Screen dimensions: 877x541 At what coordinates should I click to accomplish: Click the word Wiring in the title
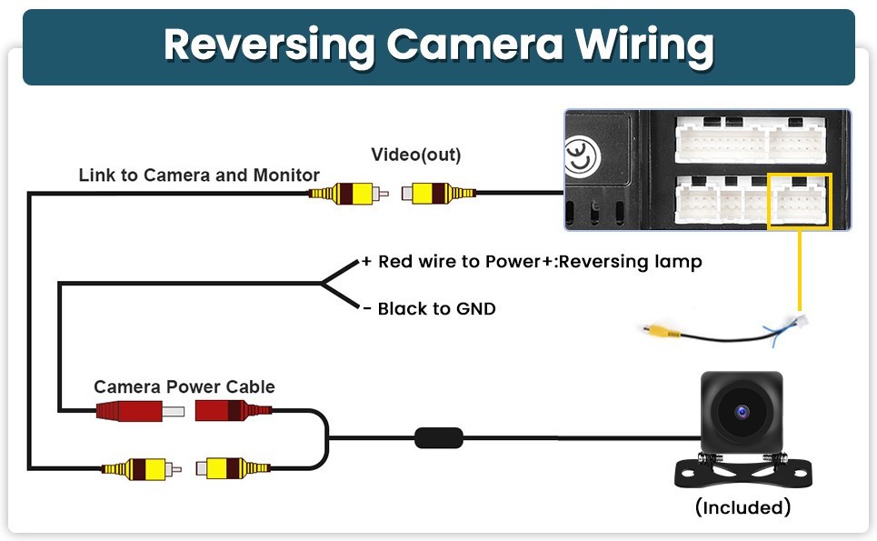click(x=645, y=45)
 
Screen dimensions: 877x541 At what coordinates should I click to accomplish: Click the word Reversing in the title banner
click(x=269, y=45)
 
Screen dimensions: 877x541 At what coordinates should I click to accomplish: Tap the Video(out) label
click(x=416, y=155)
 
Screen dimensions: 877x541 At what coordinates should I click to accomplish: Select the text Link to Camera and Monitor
click(x=199, y=175)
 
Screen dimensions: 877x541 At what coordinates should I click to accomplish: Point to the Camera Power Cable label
click(x=184, y=386)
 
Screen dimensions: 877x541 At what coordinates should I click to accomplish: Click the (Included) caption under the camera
click(x=742, y=507)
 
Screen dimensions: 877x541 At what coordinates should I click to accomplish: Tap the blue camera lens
click(x=742, y=412)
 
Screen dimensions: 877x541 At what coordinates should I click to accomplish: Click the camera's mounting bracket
click(x=742, y=471)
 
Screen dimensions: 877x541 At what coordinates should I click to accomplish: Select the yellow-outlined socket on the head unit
click(x=800, y=201)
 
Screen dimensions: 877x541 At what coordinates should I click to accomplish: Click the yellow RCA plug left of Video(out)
click(x=349, y=194)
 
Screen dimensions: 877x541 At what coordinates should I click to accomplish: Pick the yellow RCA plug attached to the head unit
click(x=438, y=194)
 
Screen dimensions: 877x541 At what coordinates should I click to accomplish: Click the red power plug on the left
click(x=140, y=411)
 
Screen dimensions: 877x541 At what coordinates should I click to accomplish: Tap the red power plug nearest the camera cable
click(x=234, y=410)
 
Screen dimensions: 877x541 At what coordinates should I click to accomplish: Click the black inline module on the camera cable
click(x=439, y=438)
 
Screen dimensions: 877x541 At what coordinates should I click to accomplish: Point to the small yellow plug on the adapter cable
click(x=661, y=332)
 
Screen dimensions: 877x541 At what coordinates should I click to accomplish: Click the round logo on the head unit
click(x=582, y=156)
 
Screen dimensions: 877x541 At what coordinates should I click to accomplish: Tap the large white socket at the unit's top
click(x=751, y=140)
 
